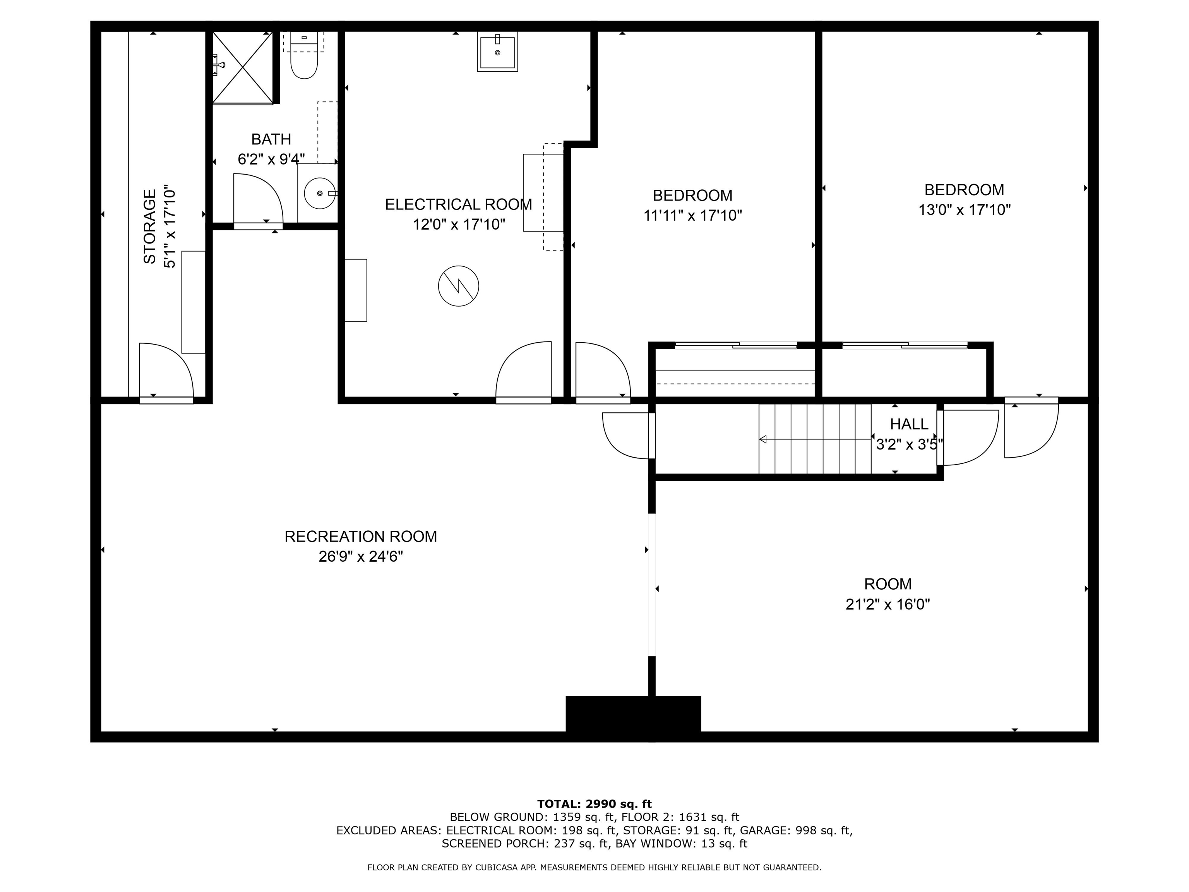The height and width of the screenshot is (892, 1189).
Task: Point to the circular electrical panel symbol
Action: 459,286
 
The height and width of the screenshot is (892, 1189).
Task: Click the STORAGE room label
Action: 150,226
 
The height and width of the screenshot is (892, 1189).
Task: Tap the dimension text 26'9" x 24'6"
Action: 361,556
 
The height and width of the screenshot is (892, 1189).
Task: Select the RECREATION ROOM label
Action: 361,537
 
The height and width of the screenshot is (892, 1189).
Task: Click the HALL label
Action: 909,424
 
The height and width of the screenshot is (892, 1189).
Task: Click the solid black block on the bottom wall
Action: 633,714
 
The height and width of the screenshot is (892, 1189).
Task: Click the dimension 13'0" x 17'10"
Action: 964,210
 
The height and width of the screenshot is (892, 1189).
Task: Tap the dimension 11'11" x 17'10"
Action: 692,216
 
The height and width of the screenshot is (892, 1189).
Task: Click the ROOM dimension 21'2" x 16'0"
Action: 887,604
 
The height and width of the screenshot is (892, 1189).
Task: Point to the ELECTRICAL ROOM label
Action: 459,204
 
